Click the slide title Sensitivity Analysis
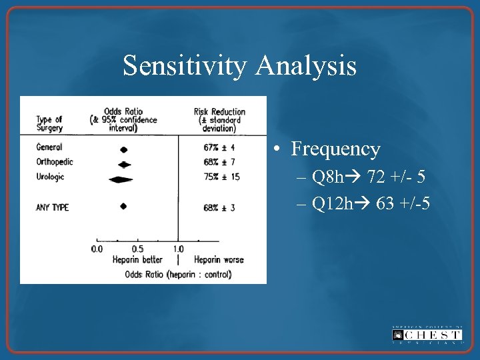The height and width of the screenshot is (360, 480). click(239, 66)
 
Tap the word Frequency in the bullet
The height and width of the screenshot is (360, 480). click(335, 149)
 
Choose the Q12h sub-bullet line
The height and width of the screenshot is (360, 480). click(363, 203)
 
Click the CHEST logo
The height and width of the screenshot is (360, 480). click(427, 335)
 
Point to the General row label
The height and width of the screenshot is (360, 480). click(49, 147)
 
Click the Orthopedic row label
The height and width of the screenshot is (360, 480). click(55, 162)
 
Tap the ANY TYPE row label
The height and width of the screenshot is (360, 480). click(53, 207)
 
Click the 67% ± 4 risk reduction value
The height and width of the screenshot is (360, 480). click(219, 147)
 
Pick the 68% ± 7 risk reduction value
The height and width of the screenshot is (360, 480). click(219, 162)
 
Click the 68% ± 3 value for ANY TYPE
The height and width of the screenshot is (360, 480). click(219, 208)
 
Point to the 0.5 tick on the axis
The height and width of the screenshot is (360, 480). click(137, 249)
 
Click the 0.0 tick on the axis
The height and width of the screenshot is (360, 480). click(97, 249)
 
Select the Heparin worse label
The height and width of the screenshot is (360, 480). click(219, 259)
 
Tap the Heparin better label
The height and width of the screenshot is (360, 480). click(137, 259)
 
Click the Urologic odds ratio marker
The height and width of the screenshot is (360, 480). click(120, 179)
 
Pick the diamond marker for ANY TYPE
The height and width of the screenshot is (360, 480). click(123, 207)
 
